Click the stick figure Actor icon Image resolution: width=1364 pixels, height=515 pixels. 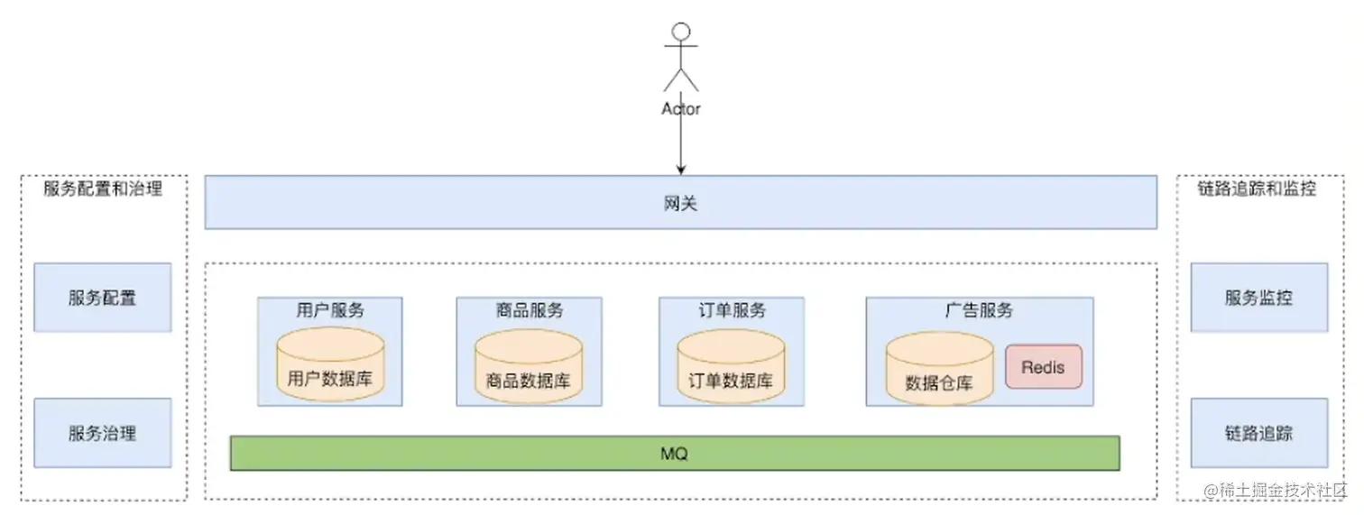[681, 59]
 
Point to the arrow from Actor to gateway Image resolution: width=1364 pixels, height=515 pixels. [681, 144]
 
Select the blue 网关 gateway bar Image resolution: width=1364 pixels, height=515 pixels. [680, 202]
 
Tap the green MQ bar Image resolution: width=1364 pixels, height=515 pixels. [674, 453]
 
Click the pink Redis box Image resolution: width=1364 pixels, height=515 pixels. [1043, 367]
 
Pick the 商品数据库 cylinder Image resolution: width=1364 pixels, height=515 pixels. [528, 367]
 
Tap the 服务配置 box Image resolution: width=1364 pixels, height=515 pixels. [102, 298]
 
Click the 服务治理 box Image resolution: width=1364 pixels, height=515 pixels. [102, 433]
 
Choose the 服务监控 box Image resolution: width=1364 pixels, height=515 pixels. [1258, 298]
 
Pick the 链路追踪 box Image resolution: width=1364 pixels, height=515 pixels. [1258, 433]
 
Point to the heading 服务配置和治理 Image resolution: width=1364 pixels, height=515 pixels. [103, 189]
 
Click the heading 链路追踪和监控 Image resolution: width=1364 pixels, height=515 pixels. [1257, 189]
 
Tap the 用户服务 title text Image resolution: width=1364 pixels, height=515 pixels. [330, 310]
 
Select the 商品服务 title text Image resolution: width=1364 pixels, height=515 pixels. [529, 310]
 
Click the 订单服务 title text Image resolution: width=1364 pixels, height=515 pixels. [731, 310]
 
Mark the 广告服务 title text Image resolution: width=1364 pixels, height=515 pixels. [979, 310]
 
